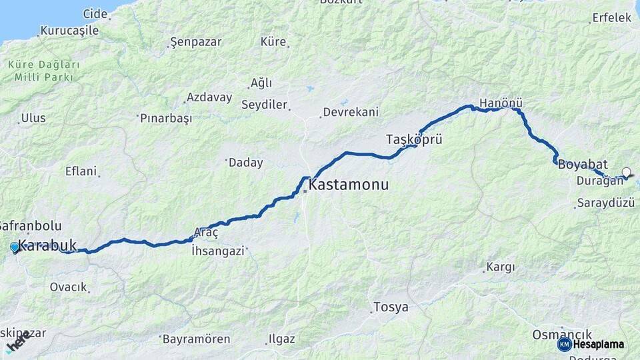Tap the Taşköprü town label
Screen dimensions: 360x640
click(x=414, y=139)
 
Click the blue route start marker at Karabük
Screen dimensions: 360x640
click(x=15, y=247)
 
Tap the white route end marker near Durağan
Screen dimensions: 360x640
click(x=626, y=173)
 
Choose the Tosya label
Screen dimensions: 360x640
click(x=391, y=307)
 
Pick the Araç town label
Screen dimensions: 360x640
click(x=205, y=233)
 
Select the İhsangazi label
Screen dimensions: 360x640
click(x=219, y=251)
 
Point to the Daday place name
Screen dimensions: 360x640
click(x=245, y=163)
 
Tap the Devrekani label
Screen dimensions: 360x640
click(x=350, y=112)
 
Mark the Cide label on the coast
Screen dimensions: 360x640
click(x=95, y=13)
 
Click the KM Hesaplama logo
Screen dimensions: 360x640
click(x=591, y=344)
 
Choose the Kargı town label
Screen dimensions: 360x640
click(x=501, y=267)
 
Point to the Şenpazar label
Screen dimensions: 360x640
click(x=196, y=43)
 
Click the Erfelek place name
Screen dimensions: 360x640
click(x=611, y=18)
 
